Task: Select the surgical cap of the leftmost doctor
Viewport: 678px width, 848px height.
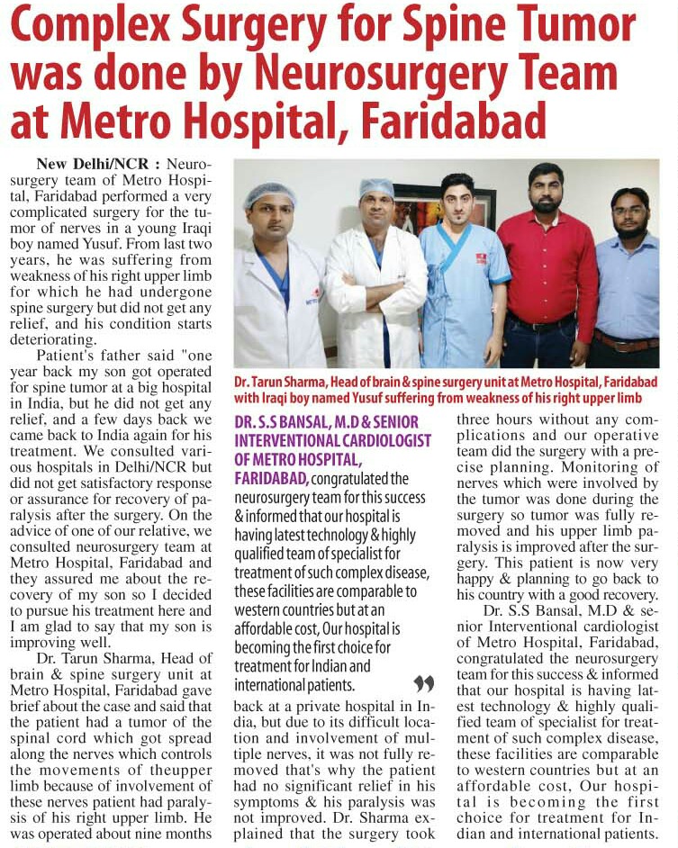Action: (x=269, y=194)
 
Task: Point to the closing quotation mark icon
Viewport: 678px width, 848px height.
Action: (x=423, y=683)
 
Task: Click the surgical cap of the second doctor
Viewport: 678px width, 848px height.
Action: (x=376, y=187)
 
